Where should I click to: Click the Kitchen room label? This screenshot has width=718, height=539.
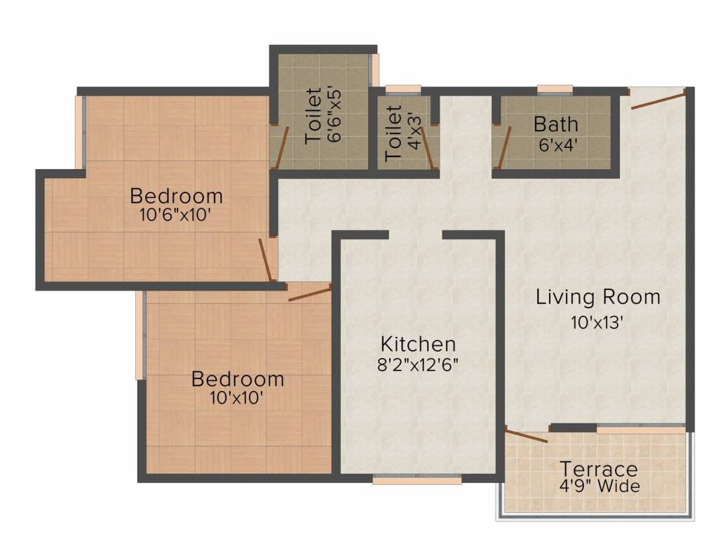[418, 344]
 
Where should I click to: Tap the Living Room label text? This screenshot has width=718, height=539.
[597, 297]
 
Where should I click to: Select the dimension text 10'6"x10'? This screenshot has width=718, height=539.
[176, 215]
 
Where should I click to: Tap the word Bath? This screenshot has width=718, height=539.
[556, 124]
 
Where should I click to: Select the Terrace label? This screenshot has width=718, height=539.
[599, 468]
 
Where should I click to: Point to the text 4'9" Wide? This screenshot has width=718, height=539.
[599, 486]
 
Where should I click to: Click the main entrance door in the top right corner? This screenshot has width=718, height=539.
[657, 100]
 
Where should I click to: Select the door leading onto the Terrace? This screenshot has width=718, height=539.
[526, 436]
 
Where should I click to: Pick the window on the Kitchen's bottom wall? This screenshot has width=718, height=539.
[416, 480]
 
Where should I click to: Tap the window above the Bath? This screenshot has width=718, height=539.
[555, 89]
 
